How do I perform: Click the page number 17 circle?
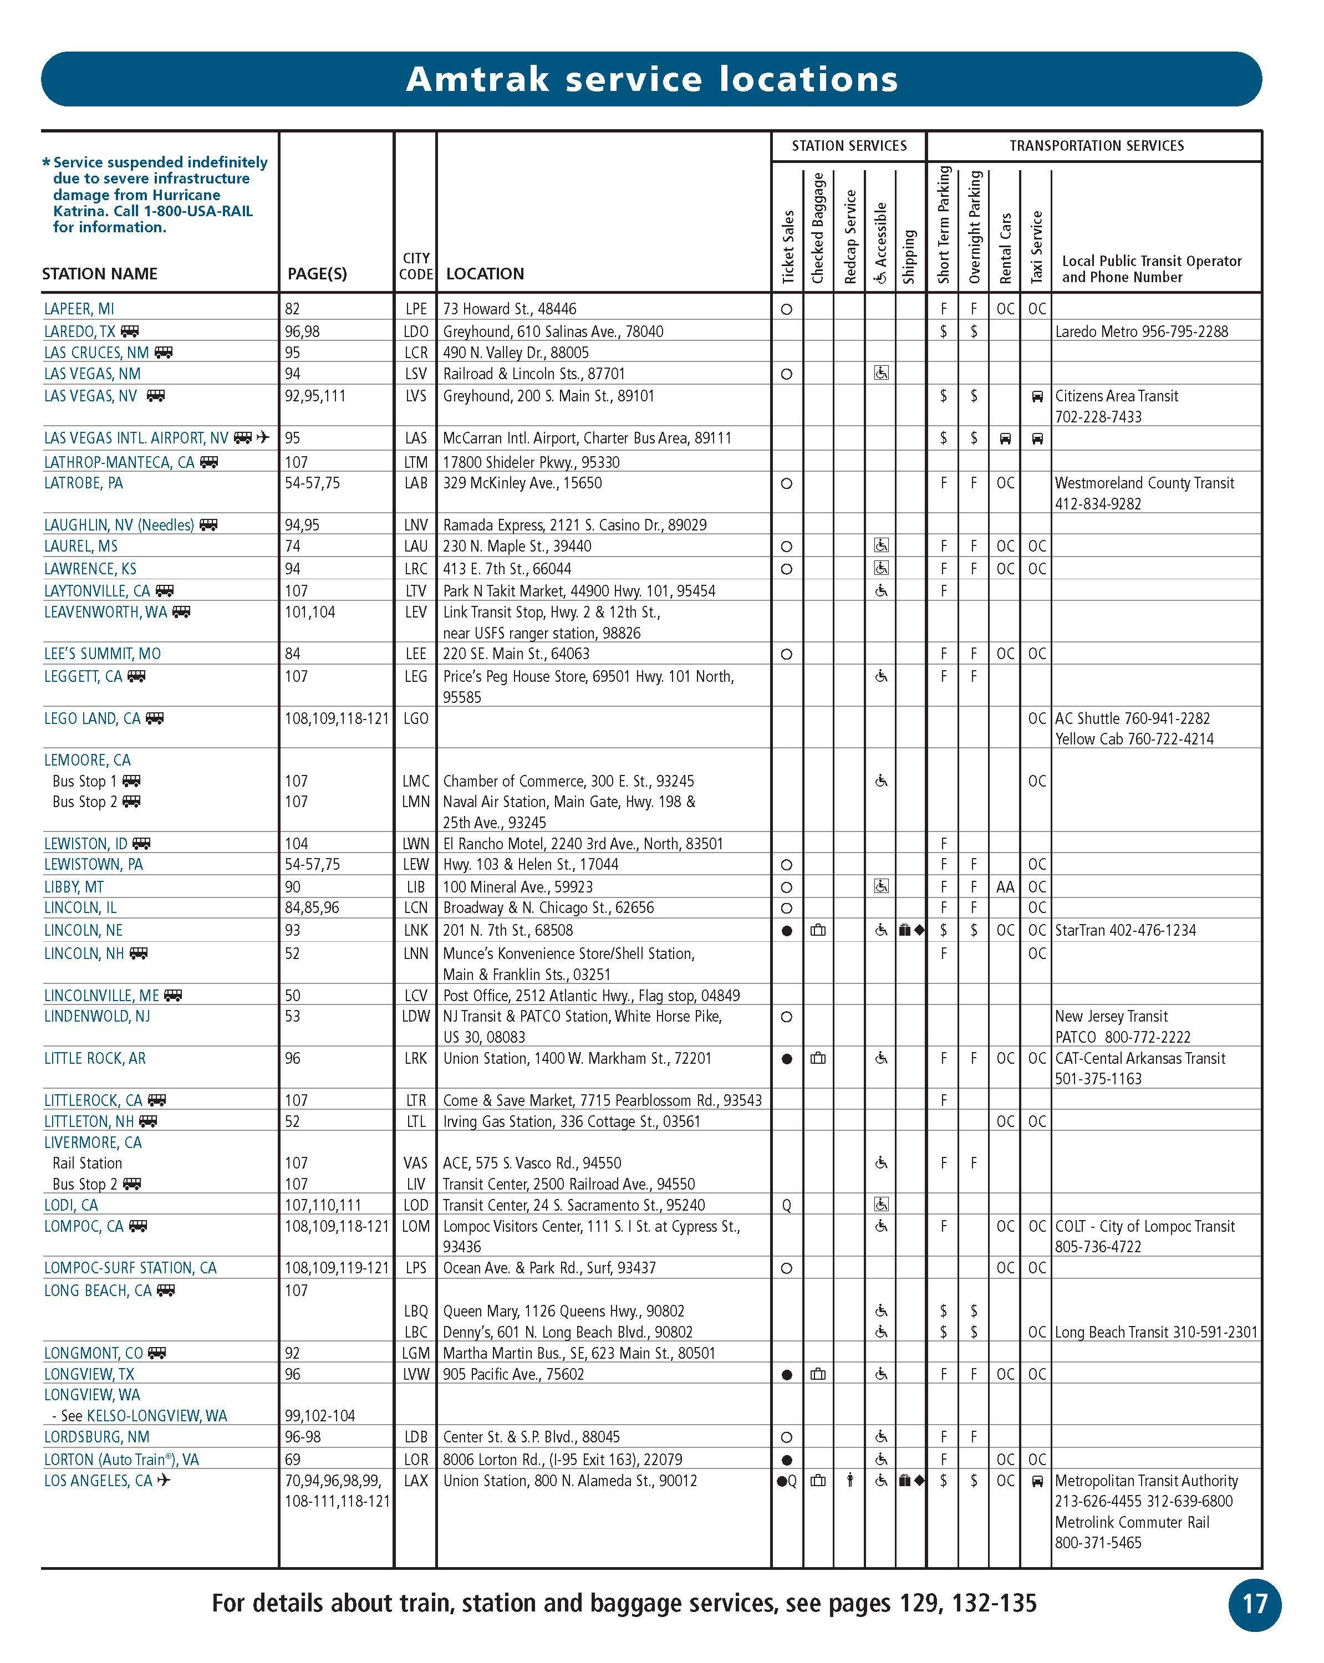pos(1254,1604)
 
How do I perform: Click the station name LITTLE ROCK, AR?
pos(95,1058)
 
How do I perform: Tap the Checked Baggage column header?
pos(818,228)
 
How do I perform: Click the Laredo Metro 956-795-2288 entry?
pos(1141,331)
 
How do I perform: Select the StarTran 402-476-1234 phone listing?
pos(1125,930)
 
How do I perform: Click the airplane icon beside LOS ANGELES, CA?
pos(164,1480)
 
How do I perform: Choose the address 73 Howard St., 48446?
pos(509,309)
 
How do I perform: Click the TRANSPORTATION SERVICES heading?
pos(1096,146)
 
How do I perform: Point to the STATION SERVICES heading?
pos(849,146)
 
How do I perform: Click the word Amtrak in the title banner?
pos(477,79)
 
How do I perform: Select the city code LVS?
pos(415,396)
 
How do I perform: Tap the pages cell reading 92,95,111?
pos(315,396)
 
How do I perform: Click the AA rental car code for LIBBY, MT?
pos(1005,887)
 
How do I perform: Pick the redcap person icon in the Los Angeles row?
pos(849,1480)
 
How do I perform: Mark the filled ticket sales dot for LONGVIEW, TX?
pos(786,1375)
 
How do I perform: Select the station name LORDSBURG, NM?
pos(96,1437)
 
